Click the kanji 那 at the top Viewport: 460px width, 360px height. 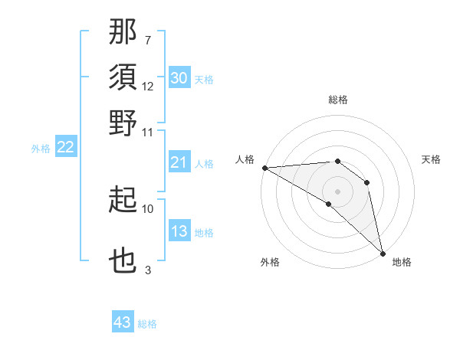(x=123, y=32)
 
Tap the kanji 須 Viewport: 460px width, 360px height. (x=123, y=77)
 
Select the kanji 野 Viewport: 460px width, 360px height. (x=123, y=123)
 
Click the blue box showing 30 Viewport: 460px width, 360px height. (x=179, y=78)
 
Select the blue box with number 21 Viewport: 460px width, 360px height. (x=179, y=162)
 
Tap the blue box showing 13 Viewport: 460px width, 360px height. (x=179, y=232)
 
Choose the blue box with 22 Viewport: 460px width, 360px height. (x=65, y=148)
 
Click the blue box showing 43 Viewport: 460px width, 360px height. (x=123, y=322)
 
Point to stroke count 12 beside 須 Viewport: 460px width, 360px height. (x=148, y=87)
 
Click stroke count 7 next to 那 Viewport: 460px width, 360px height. (x=148, y=41)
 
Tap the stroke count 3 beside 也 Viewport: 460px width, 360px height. (x=148, y=270)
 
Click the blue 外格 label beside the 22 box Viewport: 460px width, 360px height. (x=41, y=149)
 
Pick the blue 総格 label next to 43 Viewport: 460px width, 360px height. (x=147, y=324)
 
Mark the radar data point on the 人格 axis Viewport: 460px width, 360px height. (x=264, y=168)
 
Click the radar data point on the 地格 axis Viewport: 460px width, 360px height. (x=383, y=252)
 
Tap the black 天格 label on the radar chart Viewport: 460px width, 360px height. (x=431, y=159)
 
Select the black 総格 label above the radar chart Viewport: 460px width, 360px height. (x=337, y=100)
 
